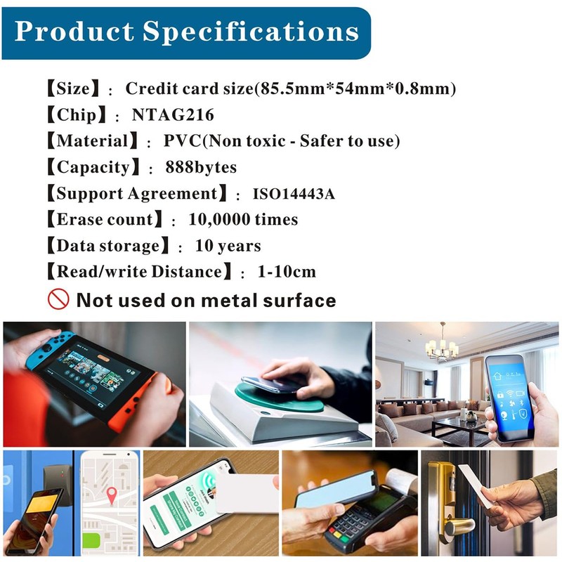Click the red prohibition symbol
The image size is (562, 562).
click(58, 299)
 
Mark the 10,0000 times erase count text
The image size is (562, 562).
click(243, 219)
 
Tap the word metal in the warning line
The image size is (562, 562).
click(231, 301)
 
